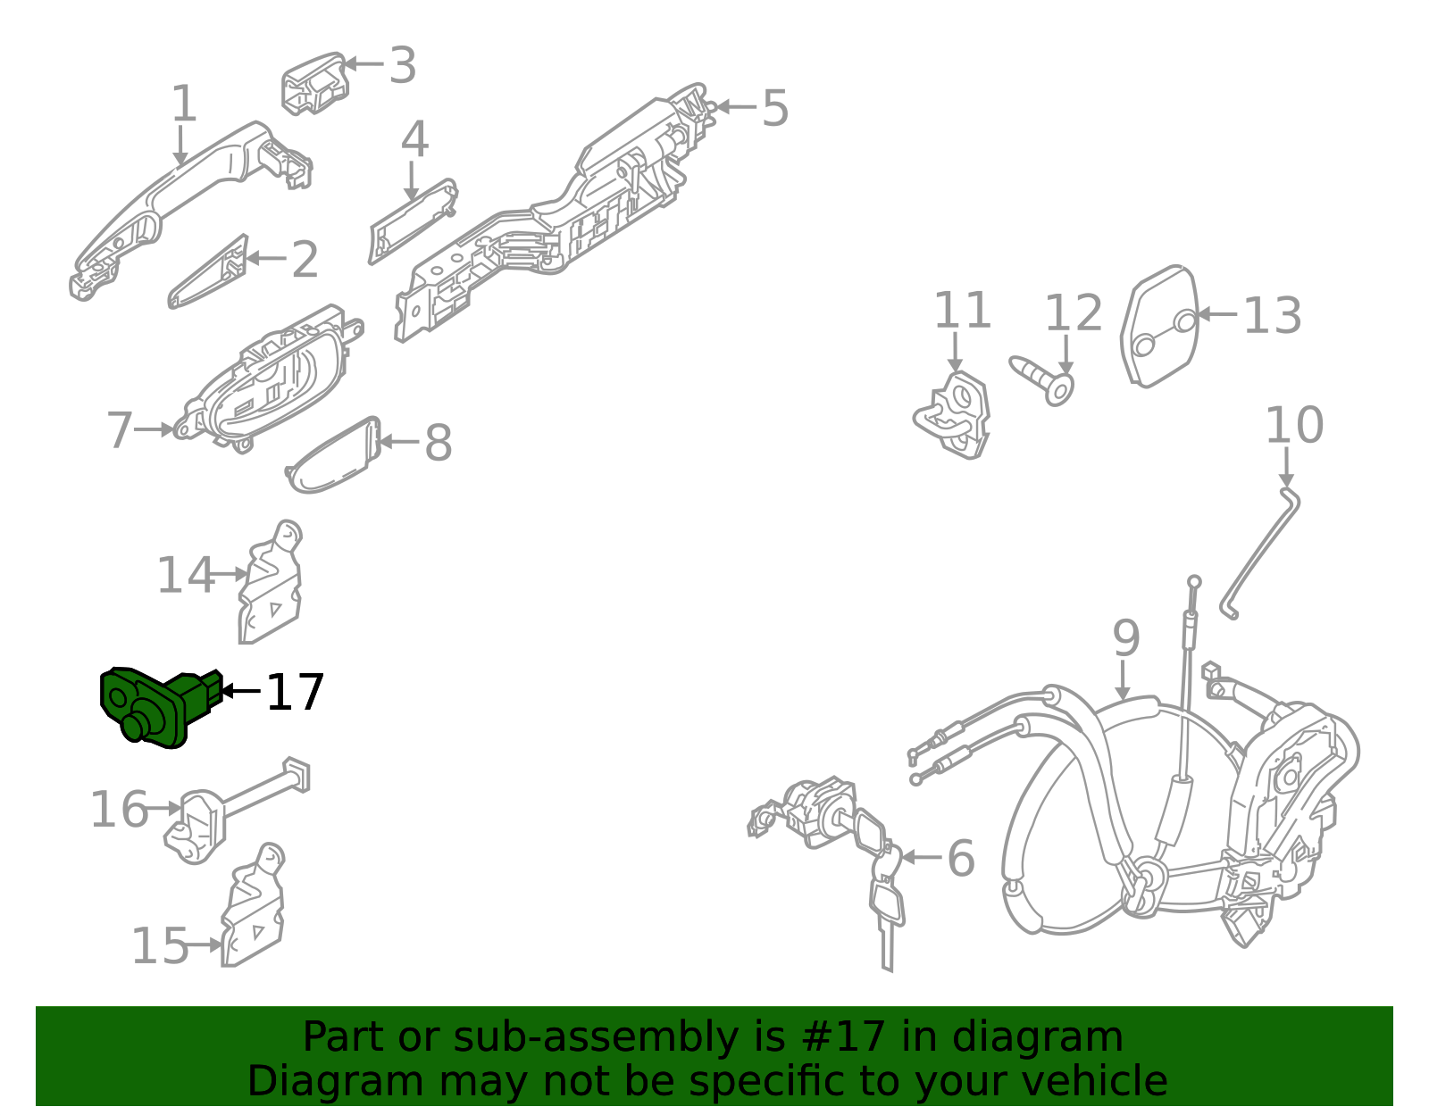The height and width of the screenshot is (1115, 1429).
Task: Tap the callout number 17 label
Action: pos(296,693)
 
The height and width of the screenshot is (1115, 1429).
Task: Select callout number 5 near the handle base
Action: pos(774,109)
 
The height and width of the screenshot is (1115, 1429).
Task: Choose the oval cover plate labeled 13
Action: pos(1158,326)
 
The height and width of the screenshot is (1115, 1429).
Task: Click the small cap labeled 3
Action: pos(314,83)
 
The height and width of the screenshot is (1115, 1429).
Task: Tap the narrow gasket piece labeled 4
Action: pos(413,220)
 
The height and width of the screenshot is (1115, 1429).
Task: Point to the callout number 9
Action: pos(1126,638)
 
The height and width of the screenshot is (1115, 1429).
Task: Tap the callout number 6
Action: pos(960,858)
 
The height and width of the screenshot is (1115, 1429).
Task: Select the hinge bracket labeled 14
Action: pos(271,584)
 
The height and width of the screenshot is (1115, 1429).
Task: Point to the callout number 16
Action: pos(119,810)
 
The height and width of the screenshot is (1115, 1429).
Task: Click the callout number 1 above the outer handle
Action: pos(183,104)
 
